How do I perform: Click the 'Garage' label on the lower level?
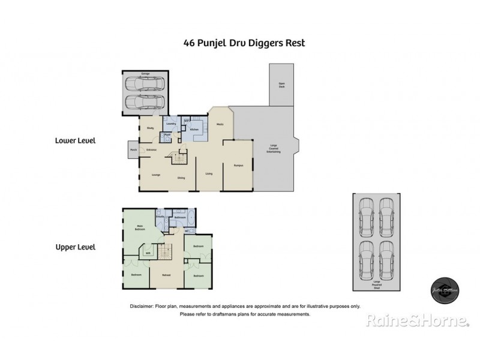coord(145,74)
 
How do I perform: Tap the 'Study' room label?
coord(150,128)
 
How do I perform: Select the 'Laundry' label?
coord(170,124)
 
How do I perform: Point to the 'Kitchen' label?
coord(194,129)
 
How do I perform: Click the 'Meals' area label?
coord(220,124)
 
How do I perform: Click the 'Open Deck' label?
coord(280,85)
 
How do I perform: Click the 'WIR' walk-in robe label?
coord(147,253)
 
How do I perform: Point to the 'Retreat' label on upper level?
coord(166,275)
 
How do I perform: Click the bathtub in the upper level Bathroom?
coord(179,212)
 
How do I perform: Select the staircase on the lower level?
coord(179,159)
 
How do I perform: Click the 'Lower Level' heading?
coord(76,141)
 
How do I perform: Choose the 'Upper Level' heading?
coord(76,247)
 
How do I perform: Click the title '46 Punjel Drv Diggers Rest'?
coord(240,43)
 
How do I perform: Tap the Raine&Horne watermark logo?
coord(418,322)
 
